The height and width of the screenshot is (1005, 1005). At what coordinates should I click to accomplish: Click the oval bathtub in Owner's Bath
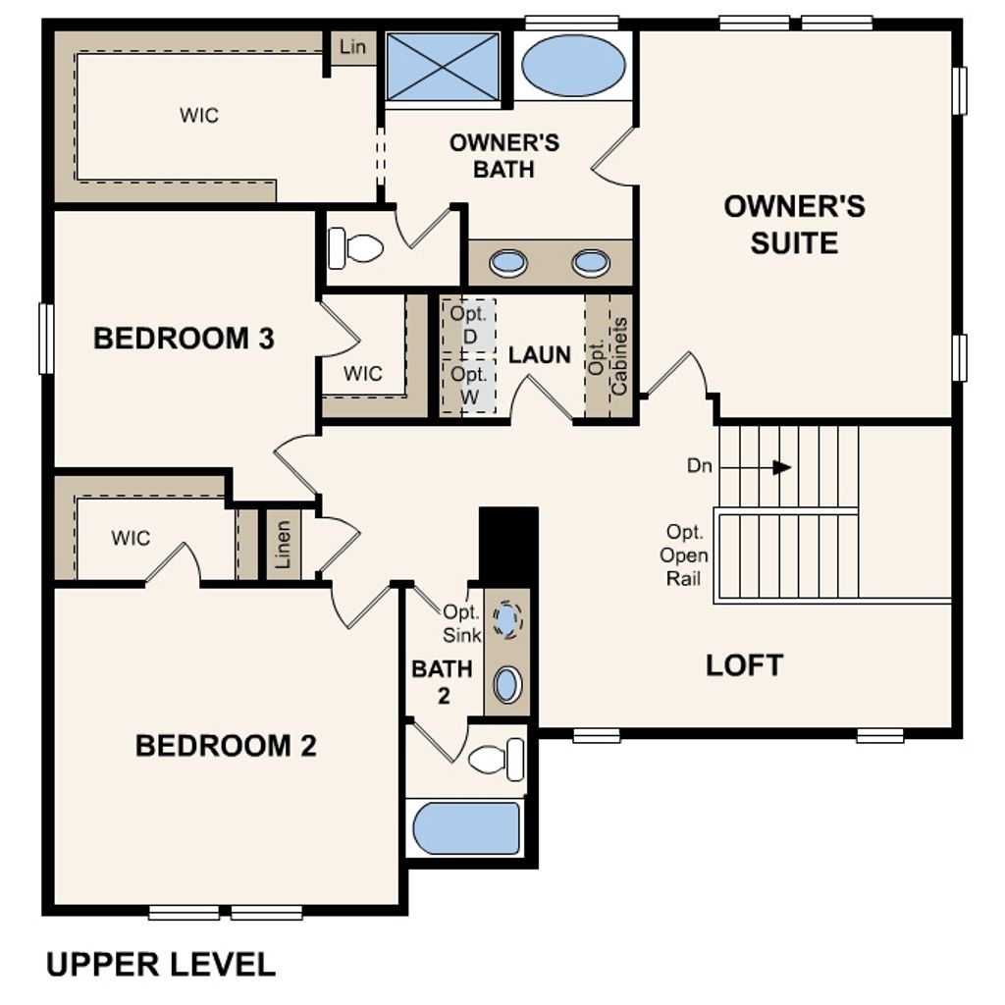point(572,66)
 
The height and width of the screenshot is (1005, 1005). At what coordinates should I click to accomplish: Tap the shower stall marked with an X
point(443,66)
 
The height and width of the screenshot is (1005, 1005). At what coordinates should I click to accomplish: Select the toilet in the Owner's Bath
point(355,247)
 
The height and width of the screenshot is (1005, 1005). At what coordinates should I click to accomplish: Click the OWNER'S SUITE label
point(794,224)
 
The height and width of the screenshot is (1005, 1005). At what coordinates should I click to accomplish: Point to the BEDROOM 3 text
point(184,340)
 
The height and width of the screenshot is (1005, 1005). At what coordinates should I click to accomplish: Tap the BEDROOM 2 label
point(226,746)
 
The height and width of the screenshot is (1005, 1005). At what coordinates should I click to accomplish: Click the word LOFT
point(744,665)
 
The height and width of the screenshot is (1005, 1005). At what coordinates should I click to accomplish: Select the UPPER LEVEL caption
point(161,964)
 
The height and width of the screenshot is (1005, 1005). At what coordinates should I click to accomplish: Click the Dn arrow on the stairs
point(781,467)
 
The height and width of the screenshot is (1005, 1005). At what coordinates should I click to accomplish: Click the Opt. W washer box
point(468,385)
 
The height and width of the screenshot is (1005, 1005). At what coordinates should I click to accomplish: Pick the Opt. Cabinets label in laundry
point(608,356)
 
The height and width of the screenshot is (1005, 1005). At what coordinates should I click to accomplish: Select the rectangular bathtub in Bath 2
point(465,828)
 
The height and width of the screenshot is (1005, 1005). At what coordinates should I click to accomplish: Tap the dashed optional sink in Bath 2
point(506,619)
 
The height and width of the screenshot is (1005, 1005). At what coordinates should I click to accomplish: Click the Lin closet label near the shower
point(351,47)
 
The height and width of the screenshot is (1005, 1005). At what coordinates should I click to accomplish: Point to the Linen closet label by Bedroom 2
point(284,546)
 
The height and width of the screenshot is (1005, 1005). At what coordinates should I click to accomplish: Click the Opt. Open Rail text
point(684,555)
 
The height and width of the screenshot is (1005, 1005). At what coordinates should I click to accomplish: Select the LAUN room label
point(540,355)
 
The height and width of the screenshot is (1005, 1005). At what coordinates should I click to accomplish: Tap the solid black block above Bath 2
point(508,546)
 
